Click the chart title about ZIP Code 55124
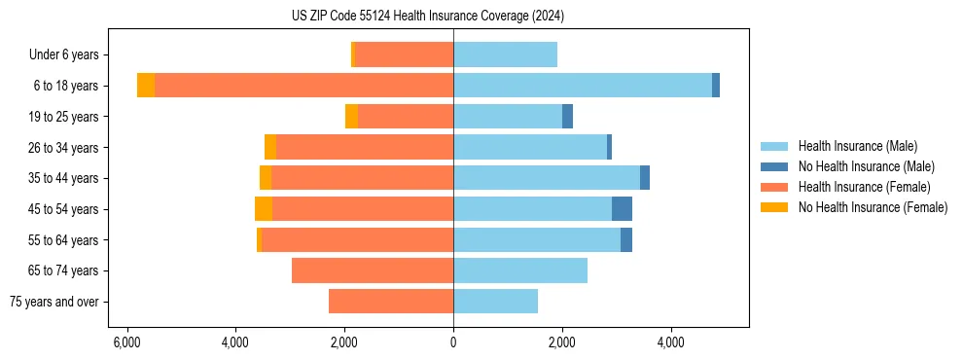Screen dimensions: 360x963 click(x=428, y=16)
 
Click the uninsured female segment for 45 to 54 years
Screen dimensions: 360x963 click(x=264, y=209)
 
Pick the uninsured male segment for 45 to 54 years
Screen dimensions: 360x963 click(x=622, y=209)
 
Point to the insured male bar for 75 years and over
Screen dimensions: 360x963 click(x=495, y=302)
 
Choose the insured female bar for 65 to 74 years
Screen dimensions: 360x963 click(x=373, y=270)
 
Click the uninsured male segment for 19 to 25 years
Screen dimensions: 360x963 click(x=567, y=117)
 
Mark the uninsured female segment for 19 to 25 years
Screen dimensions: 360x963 click(x=351, y=117)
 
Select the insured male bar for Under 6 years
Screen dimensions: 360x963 click(x=505, y=54)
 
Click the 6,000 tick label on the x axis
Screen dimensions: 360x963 click(x=126, y=342)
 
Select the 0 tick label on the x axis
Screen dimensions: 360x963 click(x=453, y=342)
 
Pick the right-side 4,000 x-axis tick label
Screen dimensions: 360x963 click(x=670, y=342)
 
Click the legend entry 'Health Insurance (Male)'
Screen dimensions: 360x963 click(x=857, y=146)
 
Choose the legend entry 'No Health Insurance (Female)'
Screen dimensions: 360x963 click(x=873, y=207)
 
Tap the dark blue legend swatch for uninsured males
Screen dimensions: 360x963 click(x=775, y=166)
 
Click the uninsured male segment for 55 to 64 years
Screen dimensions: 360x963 click(x=626, y=240)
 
